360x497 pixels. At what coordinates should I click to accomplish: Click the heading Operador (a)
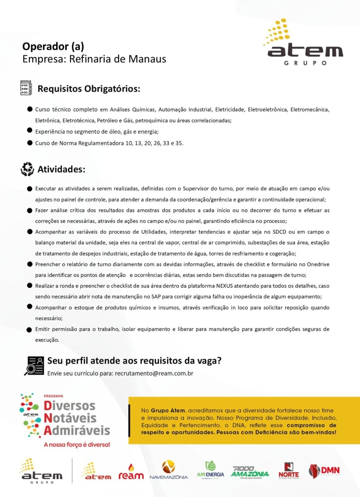(53, 47)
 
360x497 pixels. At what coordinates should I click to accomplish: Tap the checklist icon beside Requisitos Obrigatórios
(26, 88)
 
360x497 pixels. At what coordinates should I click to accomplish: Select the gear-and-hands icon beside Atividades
(27, 169)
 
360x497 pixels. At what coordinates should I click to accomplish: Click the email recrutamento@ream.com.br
(154, 373)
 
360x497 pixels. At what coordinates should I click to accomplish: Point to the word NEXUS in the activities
(224, 286)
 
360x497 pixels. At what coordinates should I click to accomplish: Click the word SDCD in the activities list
(279, 232)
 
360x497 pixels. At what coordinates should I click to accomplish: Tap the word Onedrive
(318, 264)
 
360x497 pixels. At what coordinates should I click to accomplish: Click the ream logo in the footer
(131, 472)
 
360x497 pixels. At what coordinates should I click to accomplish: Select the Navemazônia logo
(169, 470)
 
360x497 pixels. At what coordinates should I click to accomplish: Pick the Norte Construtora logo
(289, 471)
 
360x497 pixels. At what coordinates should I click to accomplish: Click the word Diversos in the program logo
(69, 406)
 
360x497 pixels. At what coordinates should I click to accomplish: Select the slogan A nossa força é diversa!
(77, 445)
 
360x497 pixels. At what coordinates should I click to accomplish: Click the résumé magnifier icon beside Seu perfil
(34, 366)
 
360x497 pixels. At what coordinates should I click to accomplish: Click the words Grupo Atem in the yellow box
(168, 411)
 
